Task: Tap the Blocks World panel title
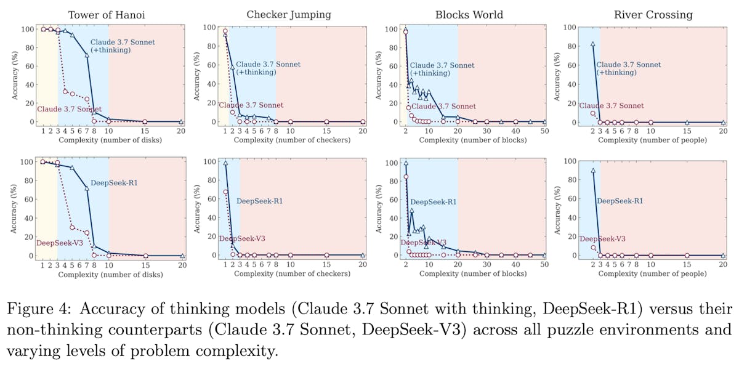[x=469, y=14]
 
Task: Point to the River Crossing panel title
[x=645, y=14]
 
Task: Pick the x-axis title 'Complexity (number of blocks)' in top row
[x=472, y=140]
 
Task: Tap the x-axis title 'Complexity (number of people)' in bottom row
[x=651, y=274]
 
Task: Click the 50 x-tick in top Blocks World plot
[x=544, y=131]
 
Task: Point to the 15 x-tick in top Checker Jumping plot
[x=326, y=131]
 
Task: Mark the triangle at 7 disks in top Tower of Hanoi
[x=87, y=55]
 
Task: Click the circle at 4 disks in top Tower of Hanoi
[x=65, y=91]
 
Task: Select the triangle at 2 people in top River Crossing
[x=592, y=44]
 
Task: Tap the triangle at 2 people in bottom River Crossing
[x=592, y=171]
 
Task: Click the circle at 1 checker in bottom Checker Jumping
[x=225, y=192]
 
